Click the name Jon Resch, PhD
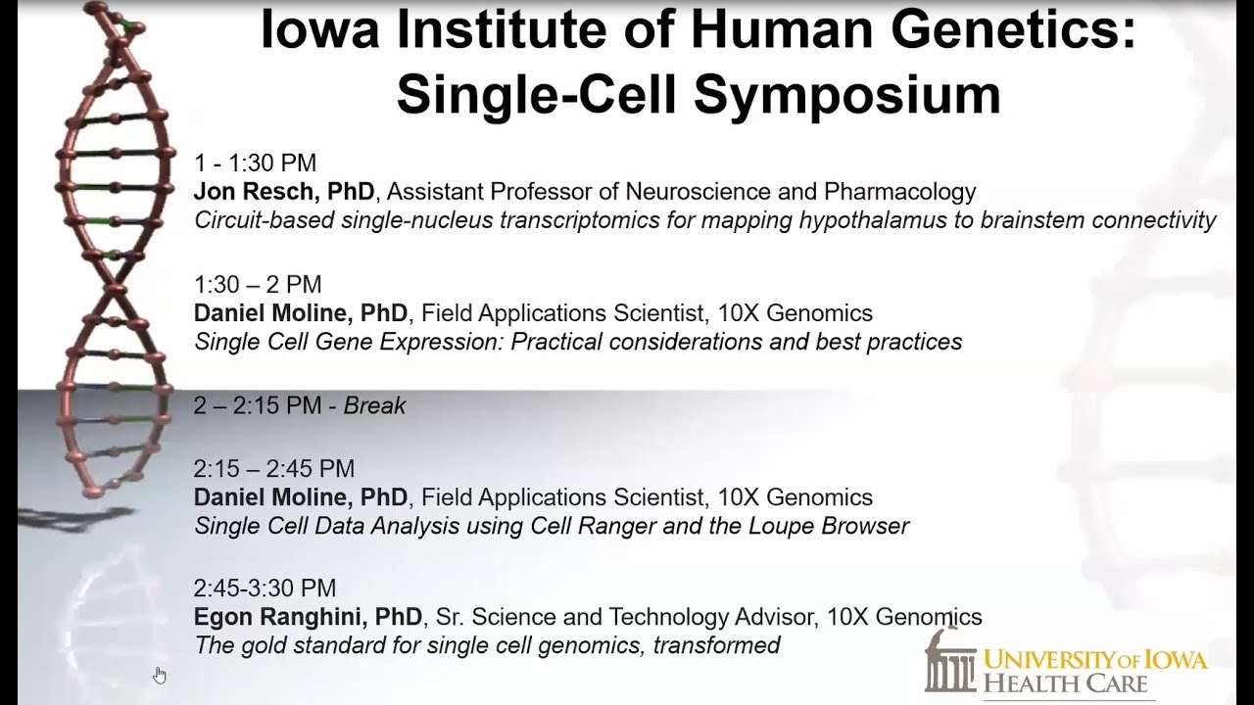pos(284,192)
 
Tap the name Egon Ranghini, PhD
pos(308,618)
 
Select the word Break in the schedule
pos(374,406)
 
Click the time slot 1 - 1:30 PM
pos(255,164)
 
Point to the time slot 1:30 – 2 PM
pos(258,285)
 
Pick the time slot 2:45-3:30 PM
pos(265,588)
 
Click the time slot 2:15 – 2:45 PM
pos(273,469)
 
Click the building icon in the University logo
pos(949,661)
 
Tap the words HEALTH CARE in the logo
pos(1064,682)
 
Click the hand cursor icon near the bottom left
pos(160,674)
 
